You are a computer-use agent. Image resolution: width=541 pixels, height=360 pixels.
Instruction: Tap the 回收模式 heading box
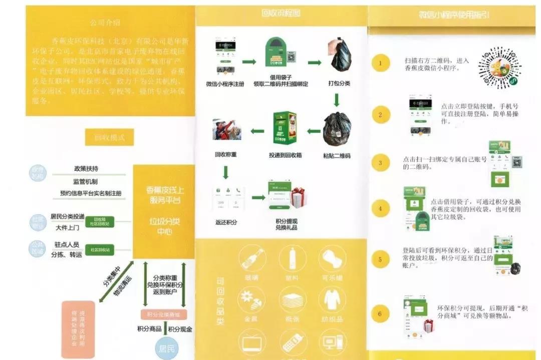(x=109, y=136)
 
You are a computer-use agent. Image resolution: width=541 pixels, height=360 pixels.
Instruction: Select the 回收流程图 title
(x=281, y=13)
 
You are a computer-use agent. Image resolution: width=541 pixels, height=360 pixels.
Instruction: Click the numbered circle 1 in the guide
(x=380, y=63)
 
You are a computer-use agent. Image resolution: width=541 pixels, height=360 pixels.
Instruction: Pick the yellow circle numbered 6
(x=380, y=314)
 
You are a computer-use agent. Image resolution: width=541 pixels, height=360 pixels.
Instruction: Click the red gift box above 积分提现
(x=299, y=197)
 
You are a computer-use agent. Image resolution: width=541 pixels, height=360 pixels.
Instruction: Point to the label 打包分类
(x=339, y=83)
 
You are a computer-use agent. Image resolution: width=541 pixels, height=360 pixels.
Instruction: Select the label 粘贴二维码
(x=337, y=156)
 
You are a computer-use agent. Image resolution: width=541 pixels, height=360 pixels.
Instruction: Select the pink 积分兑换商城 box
(x=163, y=314)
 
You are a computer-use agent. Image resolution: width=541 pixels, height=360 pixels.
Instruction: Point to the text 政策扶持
(x=86, y=169)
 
